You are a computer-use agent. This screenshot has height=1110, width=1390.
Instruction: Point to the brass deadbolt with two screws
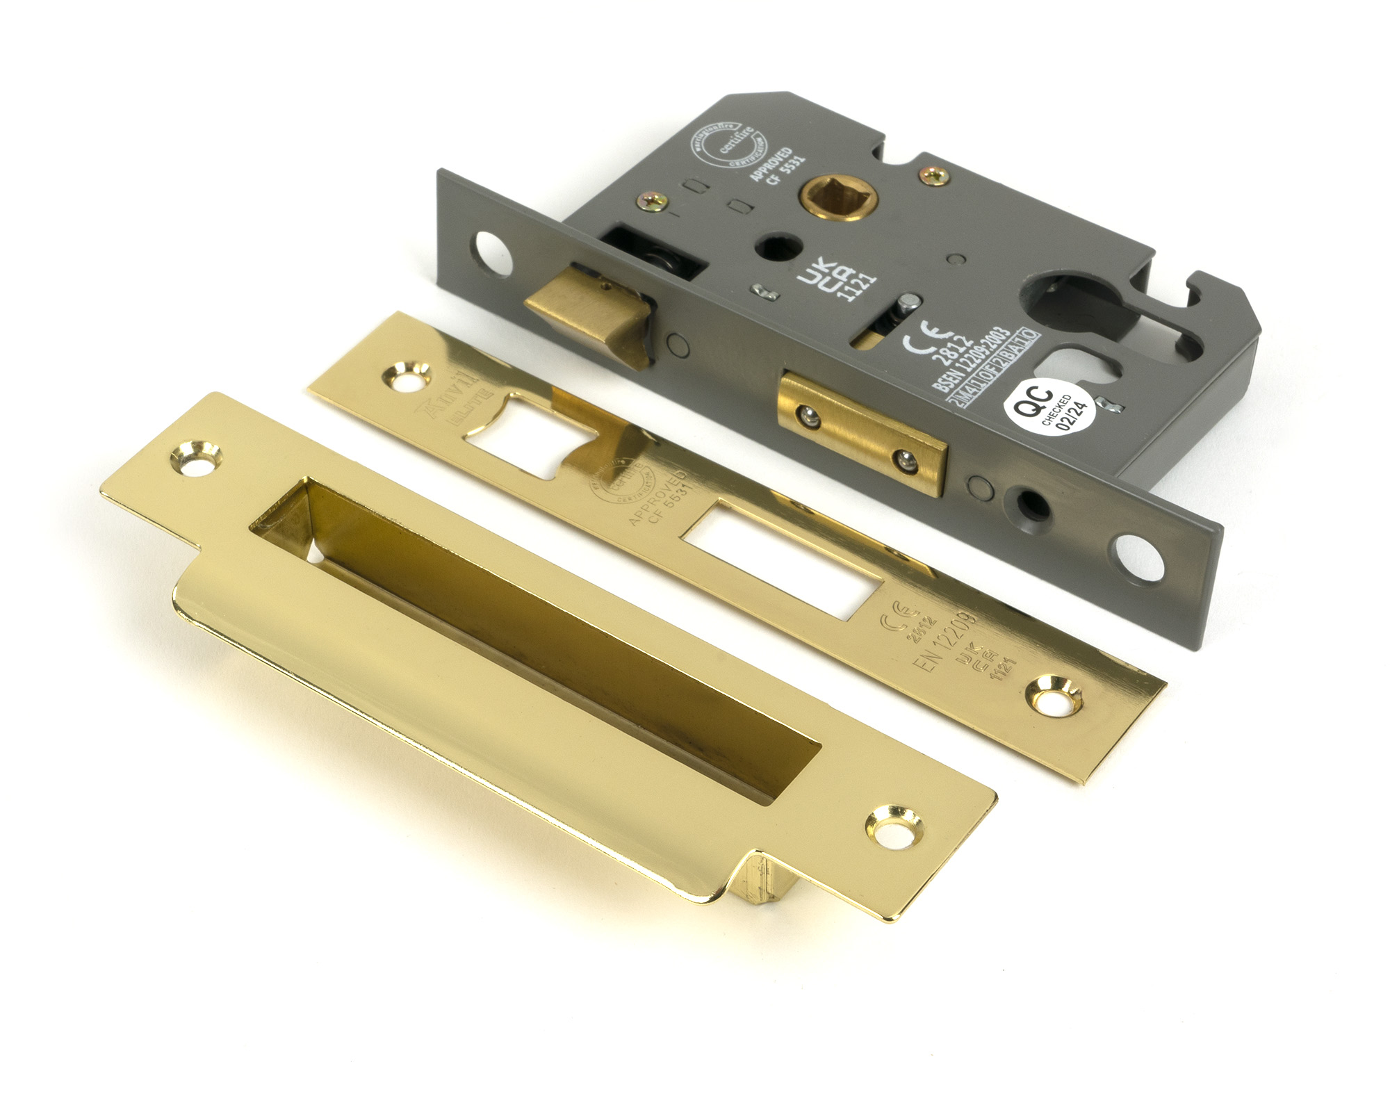click(862, 432)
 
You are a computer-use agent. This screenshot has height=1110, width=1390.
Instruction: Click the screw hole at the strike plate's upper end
click(195, 457)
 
